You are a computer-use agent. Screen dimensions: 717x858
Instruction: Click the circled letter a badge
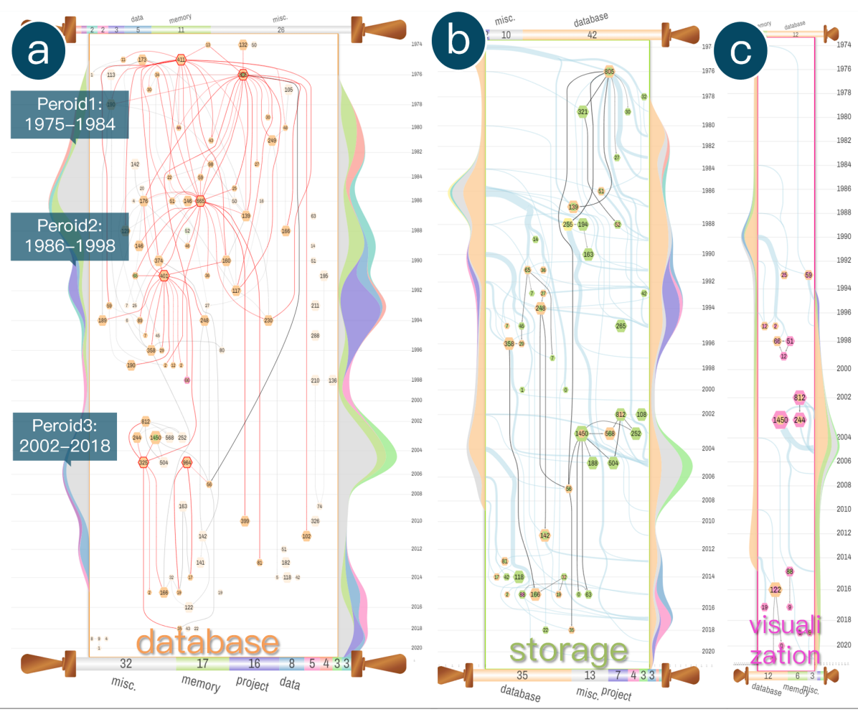[39, 52]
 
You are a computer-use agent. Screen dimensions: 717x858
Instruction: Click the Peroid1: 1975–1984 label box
[70, 114]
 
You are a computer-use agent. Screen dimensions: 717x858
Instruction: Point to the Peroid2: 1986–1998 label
[70, 235]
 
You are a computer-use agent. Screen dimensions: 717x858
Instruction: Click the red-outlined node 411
[181, 60]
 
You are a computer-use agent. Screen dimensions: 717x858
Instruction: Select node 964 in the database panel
[187, 462]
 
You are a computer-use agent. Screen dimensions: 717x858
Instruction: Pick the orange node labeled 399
[245, 521]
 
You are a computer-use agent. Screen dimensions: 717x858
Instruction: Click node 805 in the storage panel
[610, 71]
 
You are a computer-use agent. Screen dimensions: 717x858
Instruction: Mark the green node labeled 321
[583, 111]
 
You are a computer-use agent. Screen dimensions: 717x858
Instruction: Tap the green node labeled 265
[621, 326]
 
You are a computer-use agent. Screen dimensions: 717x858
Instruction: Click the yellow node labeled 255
[567, 224]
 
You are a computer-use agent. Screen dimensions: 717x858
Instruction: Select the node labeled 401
[164, 276]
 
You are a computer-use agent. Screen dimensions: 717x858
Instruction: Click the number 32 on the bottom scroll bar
[126, 664]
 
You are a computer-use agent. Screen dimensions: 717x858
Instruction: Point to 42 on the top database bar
[592, 34]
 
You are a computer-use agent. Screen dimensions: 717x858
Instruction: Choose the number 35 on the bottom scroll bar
[522, 675]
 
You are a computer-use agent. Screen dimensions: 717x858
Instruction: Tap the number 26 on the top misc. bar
[280, 29]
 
